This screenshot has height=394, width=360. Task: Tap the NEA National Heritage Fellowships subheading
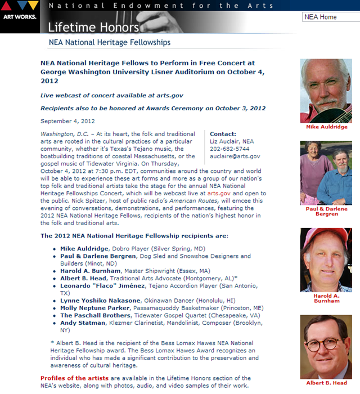109,42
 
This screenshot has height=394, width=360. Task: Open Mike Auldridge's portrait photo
326,89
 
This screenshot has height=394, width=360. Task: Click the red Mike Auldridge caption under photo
326,127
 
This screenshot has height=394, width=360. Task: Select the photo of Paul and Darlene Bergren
326,172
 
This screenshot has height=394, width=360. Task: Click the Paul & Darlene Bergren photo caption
326,212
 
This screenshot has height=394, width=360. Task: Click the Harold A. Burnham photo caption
326,297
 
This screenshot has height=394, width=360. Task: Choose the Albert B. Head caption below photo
326,383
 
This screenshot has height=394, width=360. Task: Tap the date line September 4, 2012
67,121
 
